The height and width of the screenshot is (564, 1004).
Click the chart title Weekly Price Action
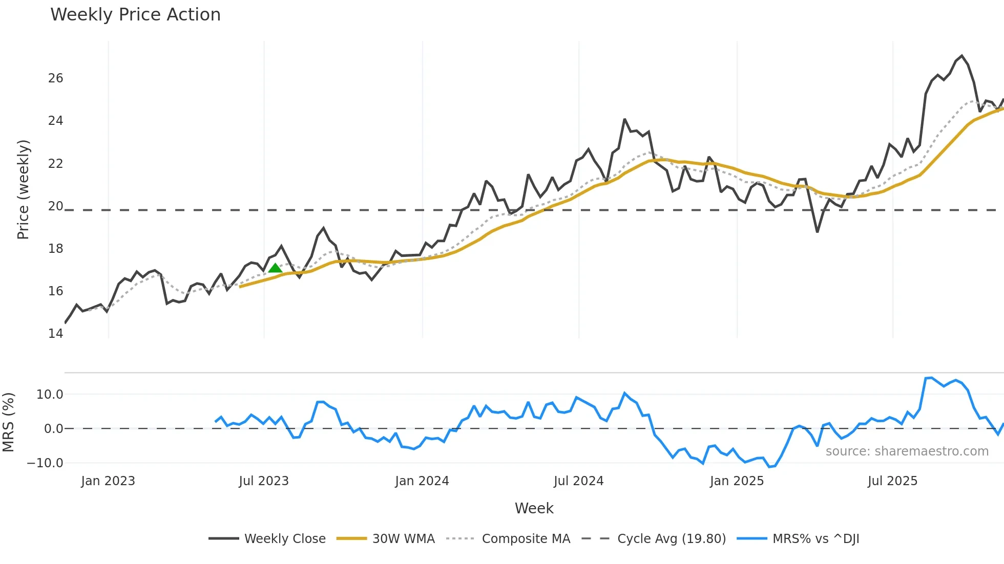pos(135,15)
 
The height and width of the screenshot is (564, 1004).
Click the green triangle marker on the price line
pos(275,268)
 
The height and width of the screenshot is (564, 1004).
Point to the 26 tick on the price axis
pos(55,78)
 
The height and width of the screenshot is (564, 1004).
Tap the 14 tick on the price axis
pos(55,334)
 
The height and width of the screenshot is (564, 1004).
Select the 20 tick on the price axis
pos(55,206)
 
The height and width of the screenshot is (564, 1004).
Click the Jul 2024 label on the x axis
pos(578,481)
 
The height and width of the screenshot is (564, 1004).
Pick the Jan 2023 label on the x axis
pos(108,481)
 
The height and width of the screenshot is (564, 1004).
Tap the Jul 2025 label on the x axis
pos(892,481)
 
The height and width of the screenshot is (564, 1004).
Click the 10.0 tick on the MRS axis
pos(50,395)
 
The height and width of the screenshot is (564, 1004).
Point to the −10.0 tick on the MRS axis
pos(45,463)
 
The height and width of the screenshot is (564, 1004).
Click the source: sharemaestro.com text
pos(907,451)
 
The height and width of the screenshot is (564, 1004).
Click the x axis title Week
pos(534,508)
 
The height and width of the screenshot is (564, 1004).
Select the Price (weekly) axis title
pos(23,189)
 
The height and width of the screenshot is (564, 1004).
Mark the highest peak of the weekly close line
pos(961,56)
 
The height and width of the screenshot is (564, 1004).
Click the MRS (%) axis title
pos(8,422)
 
